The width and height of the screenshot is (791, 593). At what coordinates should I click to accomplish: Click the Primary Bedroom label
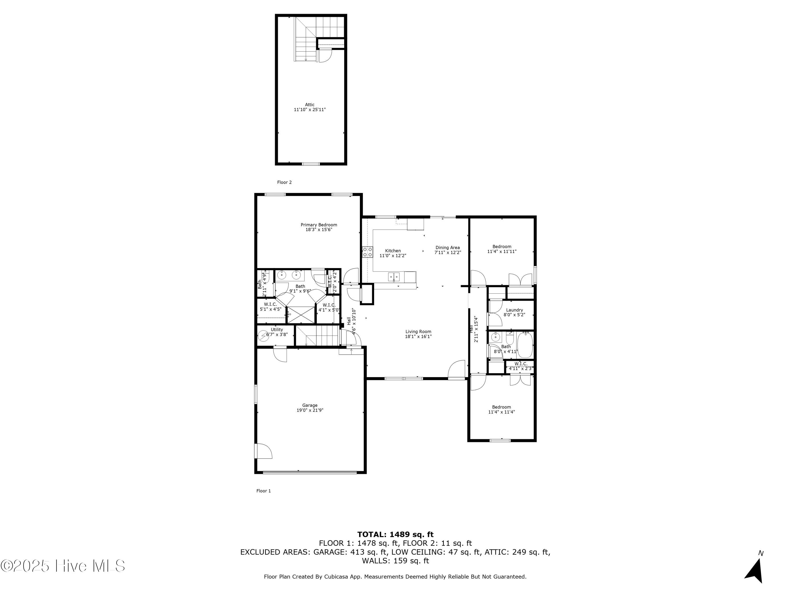[319, 225]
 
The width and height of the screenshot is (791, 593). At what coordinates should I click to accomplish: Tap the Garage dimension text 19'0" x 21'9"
[310, 410]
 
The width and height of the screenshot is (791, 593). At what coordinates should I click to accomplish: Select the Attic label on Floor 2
[310, 105]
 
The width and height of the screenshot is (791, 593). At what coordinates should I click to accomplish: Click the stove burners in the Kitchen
[367, 252]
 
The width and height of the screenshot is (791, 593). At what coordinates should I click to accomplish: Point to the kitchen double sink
[394, 276]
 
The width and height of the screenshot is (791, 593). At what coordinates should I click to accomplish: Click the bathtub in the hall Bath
[525, 345]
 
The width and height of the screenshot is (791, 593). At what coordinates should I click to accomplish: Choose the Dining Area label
[447, 248]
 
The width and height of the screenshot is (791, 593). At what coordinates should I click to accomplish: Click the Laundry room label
[514, 310]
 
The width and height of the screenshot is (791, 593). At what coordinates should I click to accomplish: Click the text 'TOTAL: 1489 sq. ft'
[395, 535]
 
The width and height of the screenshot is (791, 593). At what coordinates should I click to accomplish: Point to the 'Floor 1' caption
[264, 491]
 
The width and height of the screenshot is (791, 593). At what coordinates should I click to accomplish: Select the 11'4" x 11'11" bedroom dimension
[502, 252]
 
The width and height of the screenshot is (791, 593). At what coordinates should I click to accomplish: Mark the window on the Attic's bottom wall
[311, 164]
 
